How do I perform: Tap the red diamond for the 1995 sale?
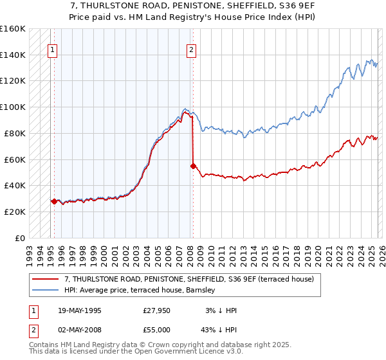tap(54, 201)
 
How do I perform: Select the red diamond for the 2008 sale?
tap(193, 165)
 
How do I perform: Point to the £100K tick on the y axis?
tap(13, 107)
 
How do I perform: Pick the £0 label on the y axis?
tap(20, 238)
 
